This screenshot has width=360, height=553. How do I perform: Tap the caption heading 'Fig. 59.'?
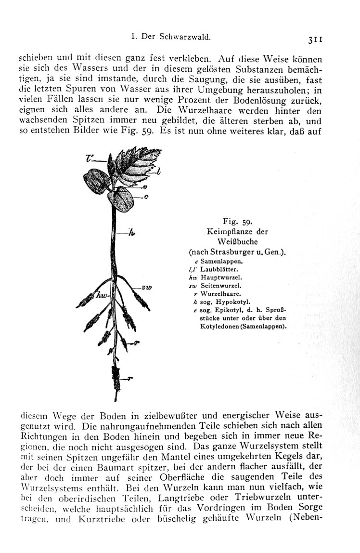point(237,222)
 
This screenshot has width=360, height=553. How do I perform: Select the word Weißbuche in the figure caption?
point(237,241)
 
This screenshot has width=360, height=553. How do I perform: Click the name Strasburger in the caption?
point(231,251)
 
